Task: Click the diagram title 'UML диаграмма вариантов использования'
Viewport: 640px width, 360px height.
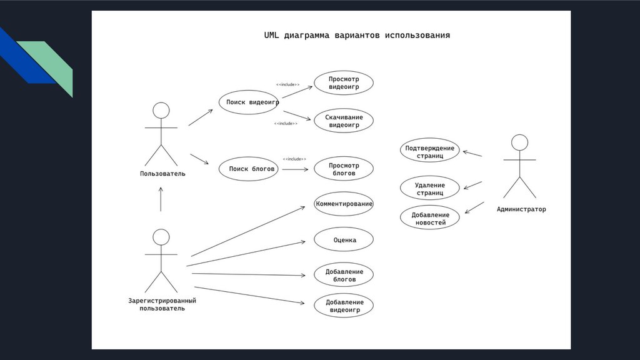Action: coord(357,36)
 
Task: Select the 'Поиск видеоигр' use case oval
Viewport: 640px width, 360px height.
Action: coord(249,102)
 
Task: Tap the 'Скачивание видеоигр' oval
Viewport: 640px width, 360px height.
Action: coord(344,121)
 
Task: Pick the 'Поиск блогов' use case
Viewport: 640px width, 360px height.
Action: coord(249,169)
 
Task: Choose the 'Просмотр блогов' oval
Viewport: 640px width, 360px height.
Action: coord(344,169)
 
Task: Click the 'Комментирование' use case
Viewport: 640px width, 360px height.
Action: coord(344,204)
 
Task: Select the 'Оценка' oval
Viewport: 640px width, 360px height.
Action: coord(344,239)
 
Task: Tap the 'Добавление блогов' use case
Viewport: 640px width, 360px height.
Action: coord(344,275)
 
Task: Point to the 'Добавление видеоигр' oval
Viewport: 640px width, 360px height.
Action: coord(344,306)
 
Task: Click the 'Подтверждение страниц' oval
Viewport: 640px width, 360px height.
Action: coord(430,151)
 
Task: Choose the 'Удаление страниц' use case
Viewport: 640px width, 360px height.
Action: coord(430,188)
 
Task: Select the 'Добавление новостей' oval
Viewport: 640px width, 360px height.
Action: coord(429,217)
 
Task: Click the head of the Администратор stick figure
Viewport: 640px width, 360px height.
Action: coord(519,142)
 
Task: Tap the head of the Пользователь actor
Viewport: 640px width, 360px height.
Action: coord(161,111)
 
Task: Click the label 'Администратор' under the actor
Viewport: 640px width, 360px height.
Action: coord(521,209)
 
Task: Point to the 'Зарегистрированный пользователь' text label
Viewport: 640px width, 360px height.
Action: coord(162,304)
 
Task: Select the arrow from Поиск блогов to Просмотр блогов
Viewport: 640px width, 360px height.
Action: coord(294,169)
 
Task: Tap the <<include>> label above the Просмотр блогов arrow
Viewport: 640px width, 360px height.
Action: coord(294,159)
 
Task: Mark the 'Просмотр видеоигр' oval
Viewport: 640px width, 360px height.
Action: coord(344,83)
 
